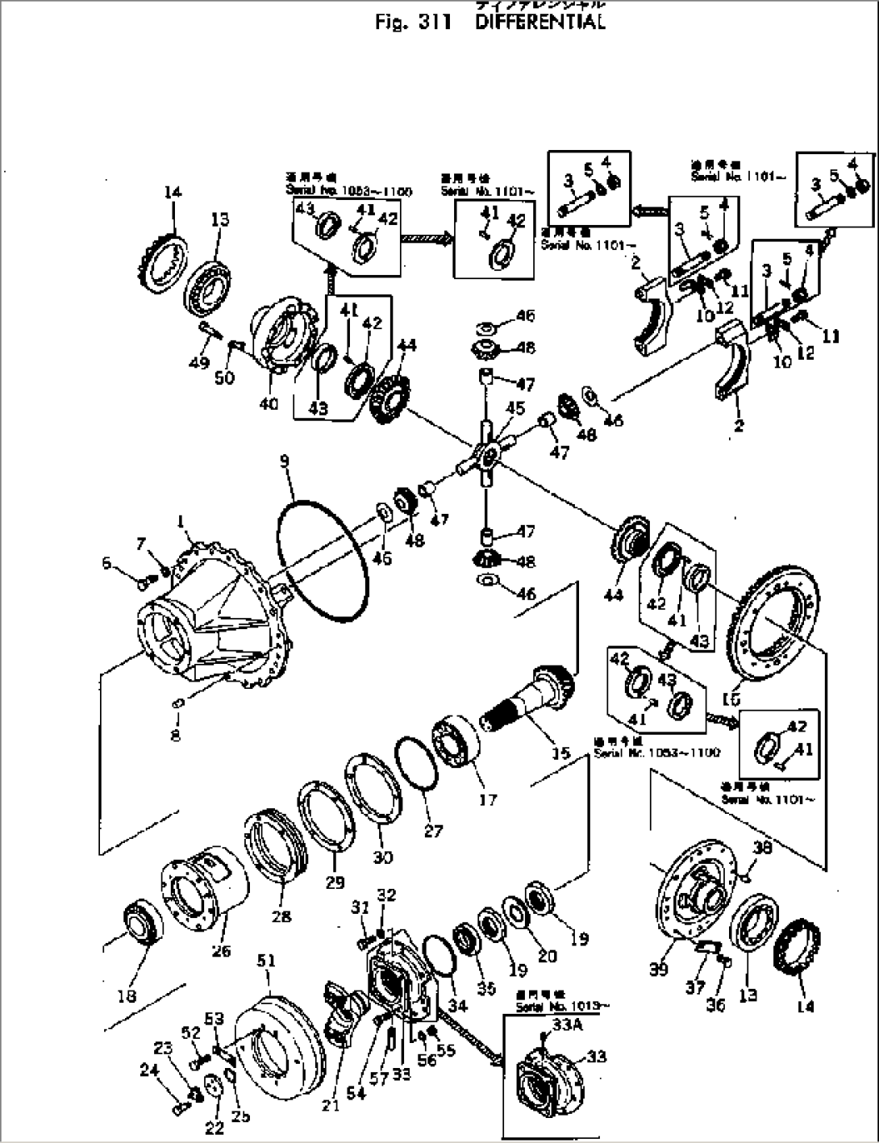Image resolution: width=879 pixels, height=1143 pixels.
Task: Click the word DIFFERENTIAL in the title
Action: [539, 22]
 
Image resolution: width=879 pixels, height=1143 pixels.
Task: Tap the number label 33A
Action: [564, 1024]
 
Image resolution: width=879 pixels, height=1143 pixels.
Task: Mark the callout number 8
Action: [176, 735]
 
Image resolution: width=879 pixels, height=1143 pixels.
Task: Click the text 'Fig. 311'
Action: [412, 22]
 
